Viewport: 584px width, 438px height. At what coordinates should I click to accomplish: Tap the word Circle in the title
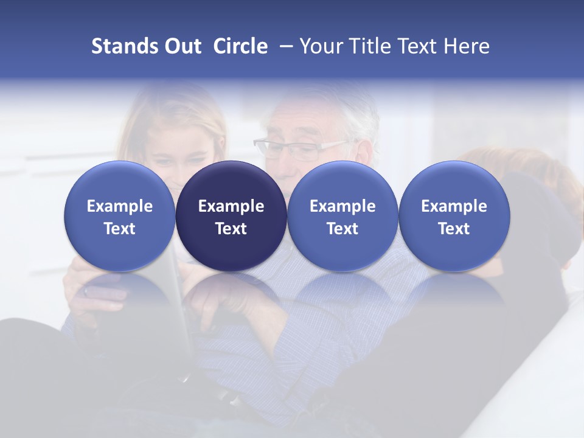(240, 46)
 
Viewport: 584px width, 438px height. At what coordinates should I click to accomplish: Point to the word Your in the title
(320, 46)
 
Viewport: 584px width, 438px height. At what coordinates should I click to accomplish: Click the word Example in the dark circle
(231, 206)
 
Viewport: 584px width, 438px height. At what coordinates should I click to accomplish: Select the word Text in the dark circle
(231, 229)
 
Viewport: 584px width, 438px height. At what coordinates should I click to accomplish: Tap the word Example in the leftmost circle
(120, 206)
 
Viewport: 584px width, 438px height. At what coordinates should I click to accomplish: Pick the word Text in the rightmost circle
(454, 229)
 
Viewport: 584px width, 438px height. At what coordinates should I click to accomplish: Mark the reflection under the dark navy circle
(231, 292)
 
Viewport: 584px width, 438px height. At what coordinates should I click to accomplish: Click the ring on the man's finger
(86, 291)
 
